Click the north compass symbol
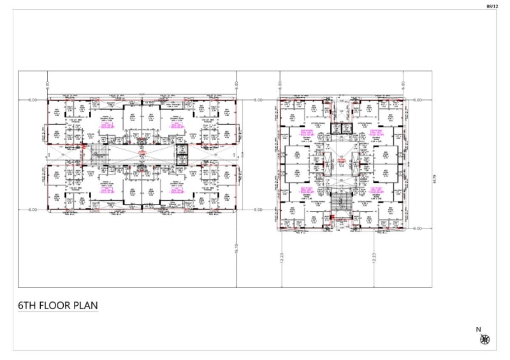[485, 339]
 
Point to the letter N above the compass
[478, 329]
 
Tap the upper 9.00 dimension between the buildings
[258, 101]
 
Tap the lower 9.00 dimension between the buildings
[258, 210]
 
